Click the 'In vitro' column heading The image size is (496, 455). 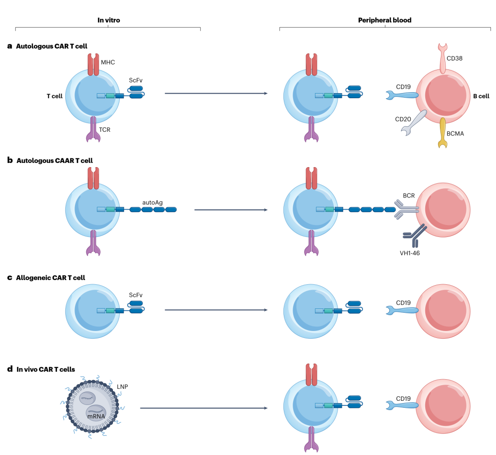click(108, 20)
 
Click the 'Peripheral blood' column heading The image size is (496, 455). click(384, 20)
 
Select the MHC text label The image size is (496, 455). click(108, 62)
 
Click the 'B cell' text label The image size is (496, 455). click(481, 96)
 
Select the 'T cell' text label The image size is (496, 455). click(55, 96)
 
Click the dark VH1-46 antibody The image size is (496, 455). click(415, 235)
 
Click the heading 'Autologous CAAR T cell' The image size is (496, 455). click(55, 161)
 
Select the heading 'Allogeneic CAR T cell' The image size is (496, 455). click(51, 278)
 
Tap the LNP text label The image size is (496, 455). click(122, 387)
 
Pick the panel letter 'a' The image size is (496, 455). click(10, 46)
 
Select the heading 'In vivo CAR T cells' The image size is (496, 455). click(46, 369)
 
